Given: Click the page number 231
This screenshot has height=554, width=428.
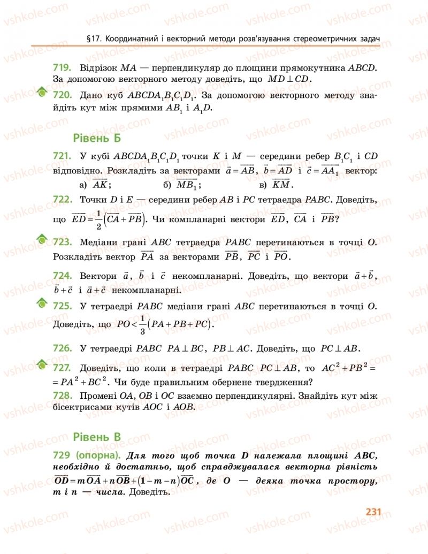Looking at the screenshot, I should click(x=373, y=511).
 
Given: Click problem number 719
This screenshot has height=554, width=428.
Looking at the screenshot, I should click(x=63, y=68).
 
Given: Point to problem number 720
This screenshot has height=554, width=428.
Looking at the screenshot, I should click(x=63, y=96).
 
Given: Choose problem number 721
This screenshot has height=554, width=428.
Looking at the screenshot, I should click(x=63, y=156).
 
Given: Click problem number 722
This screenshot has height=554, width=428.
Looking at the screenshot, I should click(x=63, y=200).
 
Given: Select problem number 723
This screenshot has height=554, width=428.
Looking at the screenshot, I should click(x=63, y=242).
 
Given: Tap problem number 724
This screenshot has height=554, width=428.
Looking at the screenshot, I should click(x=63, y=276).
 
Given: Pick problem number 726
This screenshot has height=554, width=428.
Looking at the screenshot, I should click(x=63, y=348).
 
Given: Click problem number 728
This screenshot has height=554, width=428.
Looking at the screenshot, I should click(x=63, y=396).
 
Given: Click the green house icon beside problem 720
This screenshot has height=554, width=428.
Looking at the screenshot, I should click(x=42, y=93).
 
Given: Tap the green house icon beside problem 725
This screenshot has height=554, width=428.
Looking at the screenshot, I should click(x=42, y=303).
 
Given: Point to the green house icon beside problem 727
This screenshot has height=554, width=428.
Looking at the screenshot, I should click(x=42, y=366).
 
